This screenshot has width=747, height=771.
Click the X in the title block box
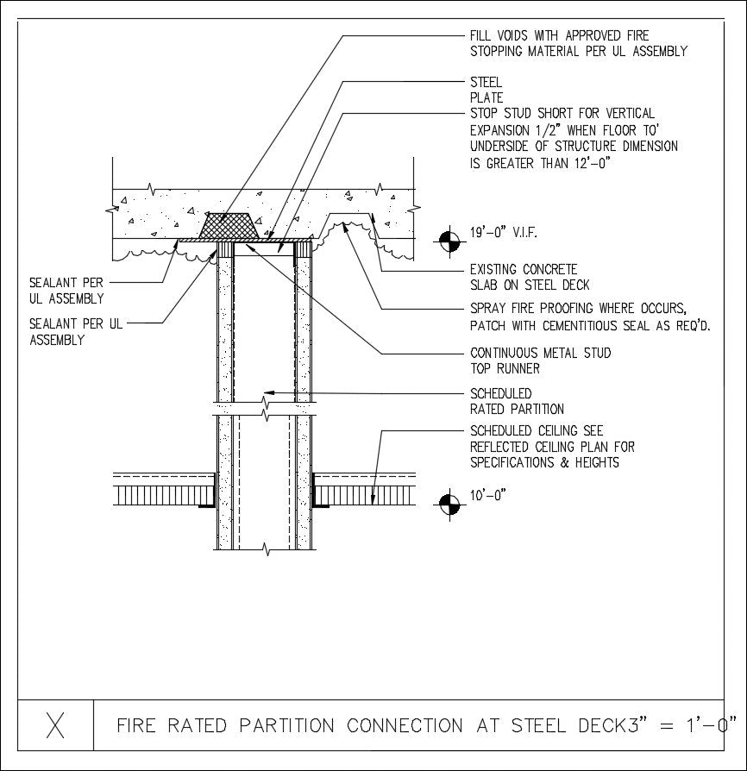[x=56, y=726]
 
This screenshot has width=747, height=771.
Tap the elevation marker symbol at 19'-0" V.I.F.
[x=448, y=242]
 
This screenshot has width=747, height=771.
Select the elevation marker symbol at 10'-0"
[x=448, y=504]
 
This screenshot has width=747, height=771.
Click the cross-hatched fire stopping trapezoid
[x=230, y=227]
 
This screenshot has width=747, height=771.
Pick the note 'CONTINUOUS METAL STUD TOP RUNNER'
[x=540, y=360]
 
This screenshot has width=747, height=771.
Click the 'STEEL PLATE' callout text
[x=486, y=91]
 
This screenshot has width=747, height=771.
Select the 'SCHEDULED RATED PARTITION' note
[x=517, y=401]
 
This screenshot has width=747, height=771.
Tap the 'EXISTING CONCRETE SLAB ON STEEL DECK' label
[x=530, y=277]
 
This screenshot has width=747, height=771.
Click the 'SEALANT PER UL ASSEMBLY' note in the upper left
[x=66, y=291]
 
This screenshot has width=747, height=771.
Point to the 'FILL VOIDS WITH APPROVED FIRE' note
[x=559, y=36]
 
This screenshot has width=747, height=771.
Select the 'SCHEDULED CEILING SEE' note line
[x=537, y=430]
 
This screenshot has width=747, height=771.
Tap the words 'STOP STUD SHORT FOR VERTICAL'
[x=562, y=114]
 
